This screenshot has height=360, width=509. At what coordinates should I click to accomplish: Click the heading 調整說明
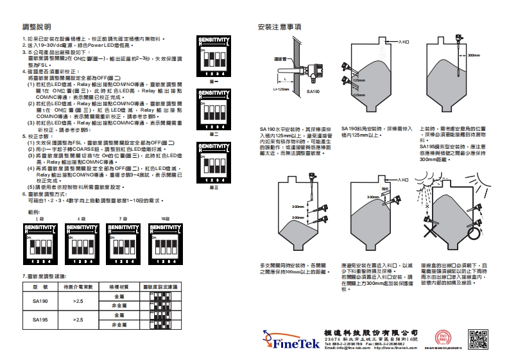37,28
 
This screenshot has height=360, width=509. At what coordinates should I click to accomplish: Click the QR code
480,339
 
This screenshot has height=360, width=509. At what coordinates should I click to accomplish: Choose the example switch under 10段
166,243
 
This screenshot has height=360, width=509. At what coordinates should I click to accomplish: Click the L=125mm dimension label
282,89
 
